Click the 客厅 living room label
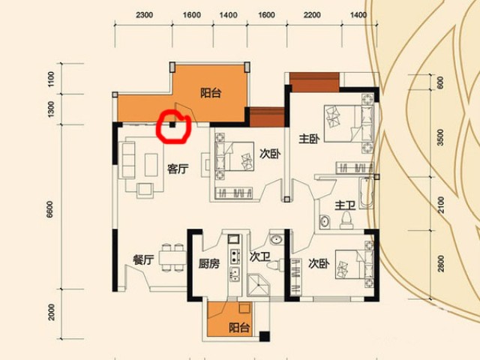coord(178,169)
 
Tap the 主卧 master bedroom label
coord(309,139)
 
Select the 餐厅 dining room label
coord(143,260)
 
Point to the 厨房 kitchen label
coord(209,263)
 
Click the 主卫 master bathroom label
coord(345,205)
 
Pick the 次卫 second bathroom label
coord(259,256)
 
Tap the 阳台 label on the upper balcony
coord(211,93)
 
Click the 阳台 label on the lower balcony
coord(239,328)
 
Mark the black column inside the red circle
coord(173,124)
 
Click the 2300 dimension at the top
coord(144,15)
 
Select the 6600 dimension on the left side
coord(49,209)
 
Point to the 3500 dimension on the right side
coord(440,137)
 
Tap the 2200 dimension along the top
coord(312,15)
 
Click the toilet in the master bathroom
coord(346,220)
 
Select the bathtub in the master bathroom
coord(366,193)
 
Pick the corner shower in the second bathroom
coord(258,285)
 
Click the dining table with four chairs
coord(172,257)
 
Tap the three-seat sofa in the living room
coord(128,160)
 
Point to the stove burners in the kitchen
coord(235,256)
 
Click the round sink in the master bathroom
coord(325,221)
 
